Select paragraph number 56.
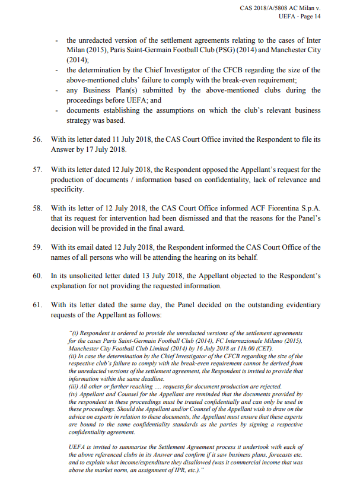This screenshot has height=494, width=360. tap(37, 139)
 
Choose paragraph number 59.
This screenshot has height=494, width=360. tap(37, 247)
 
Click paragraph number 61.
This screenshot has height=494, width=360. tap(37, 305)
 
